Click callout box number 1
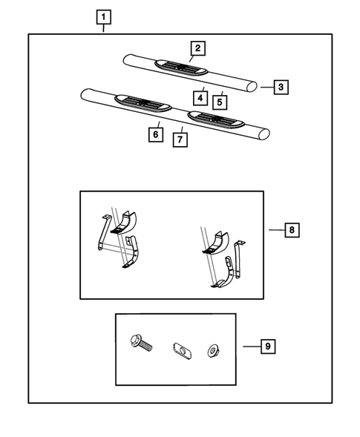pos(103,17)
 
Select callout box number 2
pos(197,48)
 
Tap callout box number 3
pos(281,87)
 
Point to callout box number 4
pos(200,98)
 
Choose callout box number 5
pos(220,102)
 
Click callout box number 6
pos(156,134)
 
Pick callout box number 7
pos(180,139)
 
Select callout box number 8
pos(292,230)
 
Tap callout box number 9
pos(268,346)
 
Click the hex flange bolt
pos(141,343)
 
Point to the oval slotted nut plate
pos(182,351)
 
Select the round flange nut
pos(214,351)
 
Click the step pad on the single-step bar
pos(181,68)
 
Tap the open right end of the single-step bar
pos(252,86)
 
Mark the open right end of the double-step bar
pos(264,134)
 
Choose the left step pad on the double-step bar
pos(143,103)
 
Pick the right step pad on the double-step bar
pos(216,119)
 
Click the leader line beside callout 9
pos(252,346)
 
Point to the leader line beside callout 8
pos(277,230)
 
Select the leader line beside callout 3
pos(267,88)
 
